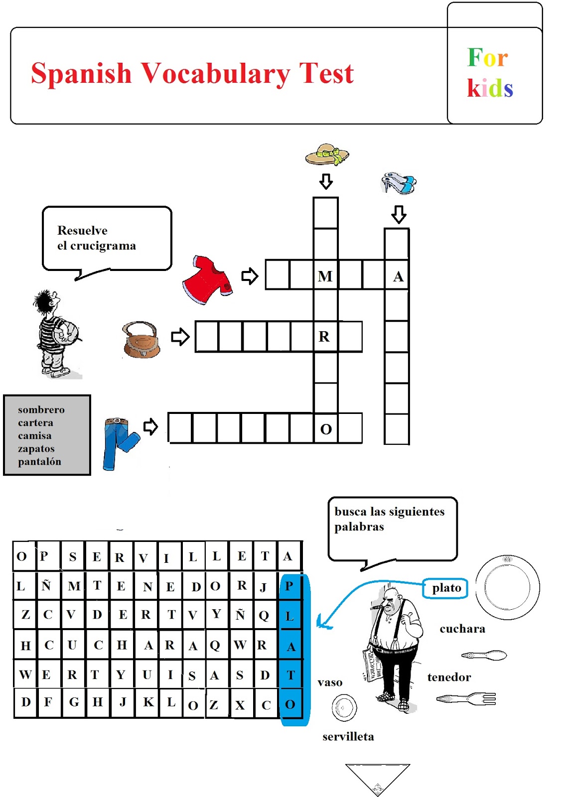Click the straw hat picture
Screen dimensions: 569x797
tap(327, 154)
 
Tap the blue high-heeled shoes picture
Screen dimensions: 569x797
tap(399, 183)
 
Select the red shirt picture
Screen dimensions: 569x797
tap(207, 279)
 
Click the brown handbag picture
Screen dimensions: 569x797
tap(142, 340)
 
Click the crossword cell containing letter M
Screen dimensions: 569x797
tap(325, 275)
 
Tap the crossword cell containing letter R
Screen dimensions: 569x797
tap(325, 337)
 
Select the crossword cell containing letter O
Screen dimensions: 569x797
tap(326, 428)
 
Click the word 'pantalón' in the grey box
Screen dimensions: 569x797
tap(39, 462)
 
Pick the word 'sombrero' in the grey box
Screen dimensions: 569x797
tap(41, 409)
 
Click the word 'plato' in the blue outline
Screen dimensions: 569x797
tap(446, 588)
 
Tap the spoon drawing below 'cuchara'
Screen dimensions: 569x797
tap(484, 655)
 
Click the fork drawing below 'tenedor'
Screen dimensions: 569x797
tap(467, 698)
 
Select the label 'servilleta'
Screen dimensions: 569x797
tap(348, 736)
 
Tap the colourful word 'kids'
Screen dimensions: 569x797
tap(490, 88)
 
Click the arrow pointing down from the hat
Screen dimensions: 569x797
tap(326, 181)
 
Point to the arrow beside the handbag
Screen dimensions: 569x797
tap(180, 337)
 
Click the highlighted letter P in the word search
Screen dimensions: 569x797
tap(289, 586)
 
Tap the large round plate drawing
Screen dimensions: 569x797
tap(507, 587)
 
